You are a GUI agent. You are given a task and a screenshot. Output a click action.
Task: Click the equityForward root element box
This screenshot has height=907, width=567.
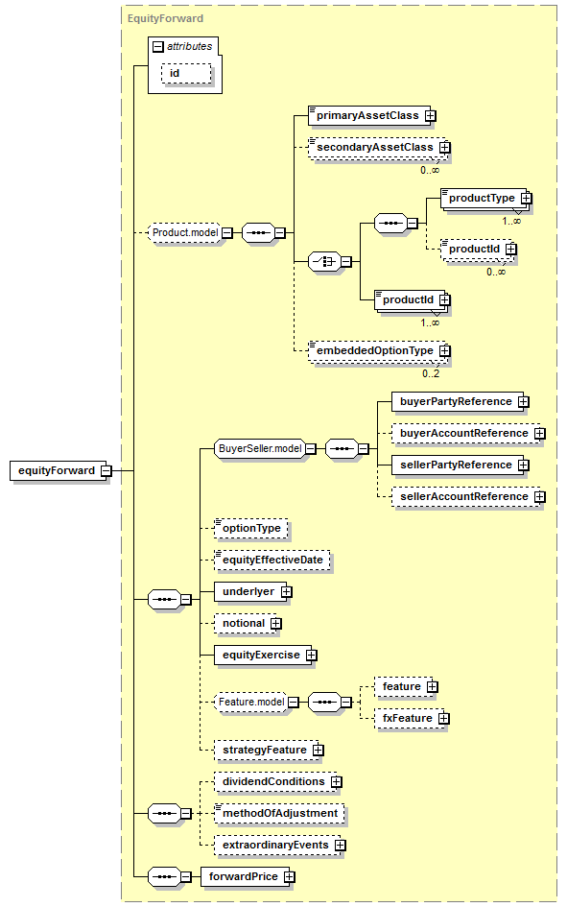pos(59,470)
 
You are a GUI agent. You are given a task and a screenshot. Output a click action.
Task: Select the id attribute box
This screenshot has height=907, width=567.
pos(186,74)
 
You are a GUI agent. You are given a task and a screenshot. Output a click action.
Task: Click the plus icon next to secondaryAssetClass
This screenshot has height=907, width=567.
pos(444,148)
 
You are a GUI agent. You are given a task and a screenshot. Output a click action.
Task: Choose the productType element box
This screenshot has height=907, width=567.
pos(484,199)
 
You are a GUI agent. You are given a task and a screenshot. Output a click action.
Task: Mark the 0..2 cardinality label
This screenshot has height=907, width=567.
pos(431,373)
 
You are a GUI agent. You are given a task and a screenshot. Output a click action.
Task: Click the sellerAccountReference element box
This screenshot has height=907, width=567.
pos(466,497)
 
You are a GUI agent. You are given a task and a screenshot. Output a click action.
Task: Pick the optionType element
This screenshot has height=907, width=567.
pos(250,528)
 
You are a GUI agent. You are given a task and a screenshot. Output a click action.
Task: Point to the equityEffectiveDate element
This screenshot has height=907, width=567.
pos(272,560)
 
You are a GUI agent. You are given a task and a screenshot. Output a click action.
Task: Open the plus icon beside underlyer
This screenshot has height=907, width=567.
pos(287,592)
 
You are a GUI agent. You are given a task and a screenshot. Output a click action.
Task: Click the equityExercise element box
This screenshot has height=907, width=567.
pos(263,656)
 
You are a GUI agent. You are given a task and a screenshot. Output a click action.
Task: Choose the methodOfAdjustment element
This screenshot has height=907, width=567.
pos(279,813)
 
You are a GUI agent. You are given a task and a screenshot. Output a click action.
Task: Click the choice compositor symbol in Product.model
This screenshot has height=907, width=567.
pos(325,261)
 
